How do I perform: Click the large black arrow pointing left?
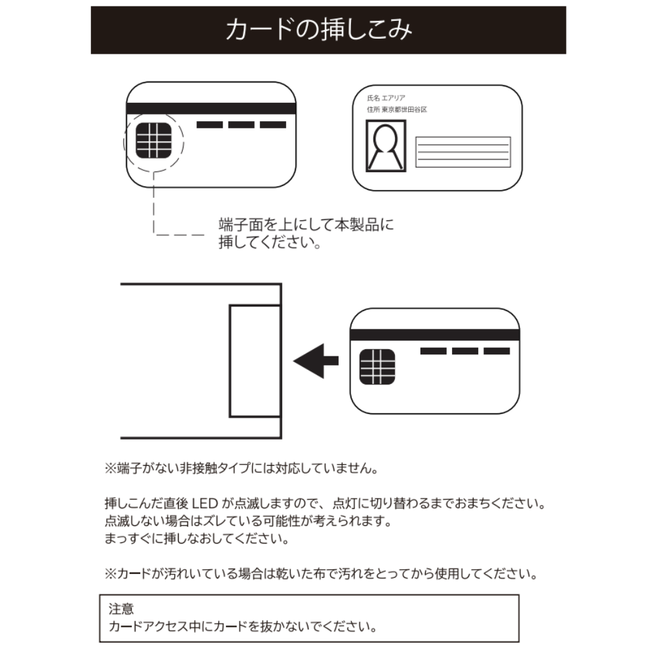click(316, 360)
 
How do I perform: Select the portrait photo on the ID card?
click(386, 147)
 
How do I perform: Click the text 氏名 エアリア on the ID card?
click(386, 98)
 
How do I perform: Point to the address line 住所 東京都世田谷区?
click(397, 110)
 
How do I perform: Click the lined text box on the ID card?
click(463, 152)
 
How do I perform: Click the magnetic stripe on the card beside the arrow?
click(435, 335)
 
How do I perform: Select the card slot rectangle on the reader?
click(255, 362)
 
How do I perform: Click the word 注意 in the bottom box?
click(117, 608)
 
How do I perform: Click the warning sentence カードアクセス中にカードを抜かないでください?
click(242, 627)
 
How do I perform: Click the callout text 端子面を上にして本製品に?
click(306, 225)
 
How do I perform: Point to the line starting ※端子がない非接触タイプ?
click(242, 469)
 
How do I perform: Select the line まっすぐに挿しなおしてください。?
click(196, 540)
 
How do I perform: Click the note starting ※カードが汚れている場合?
click(321, 574)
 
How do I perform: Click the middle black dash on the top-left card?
click(242, 125)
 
